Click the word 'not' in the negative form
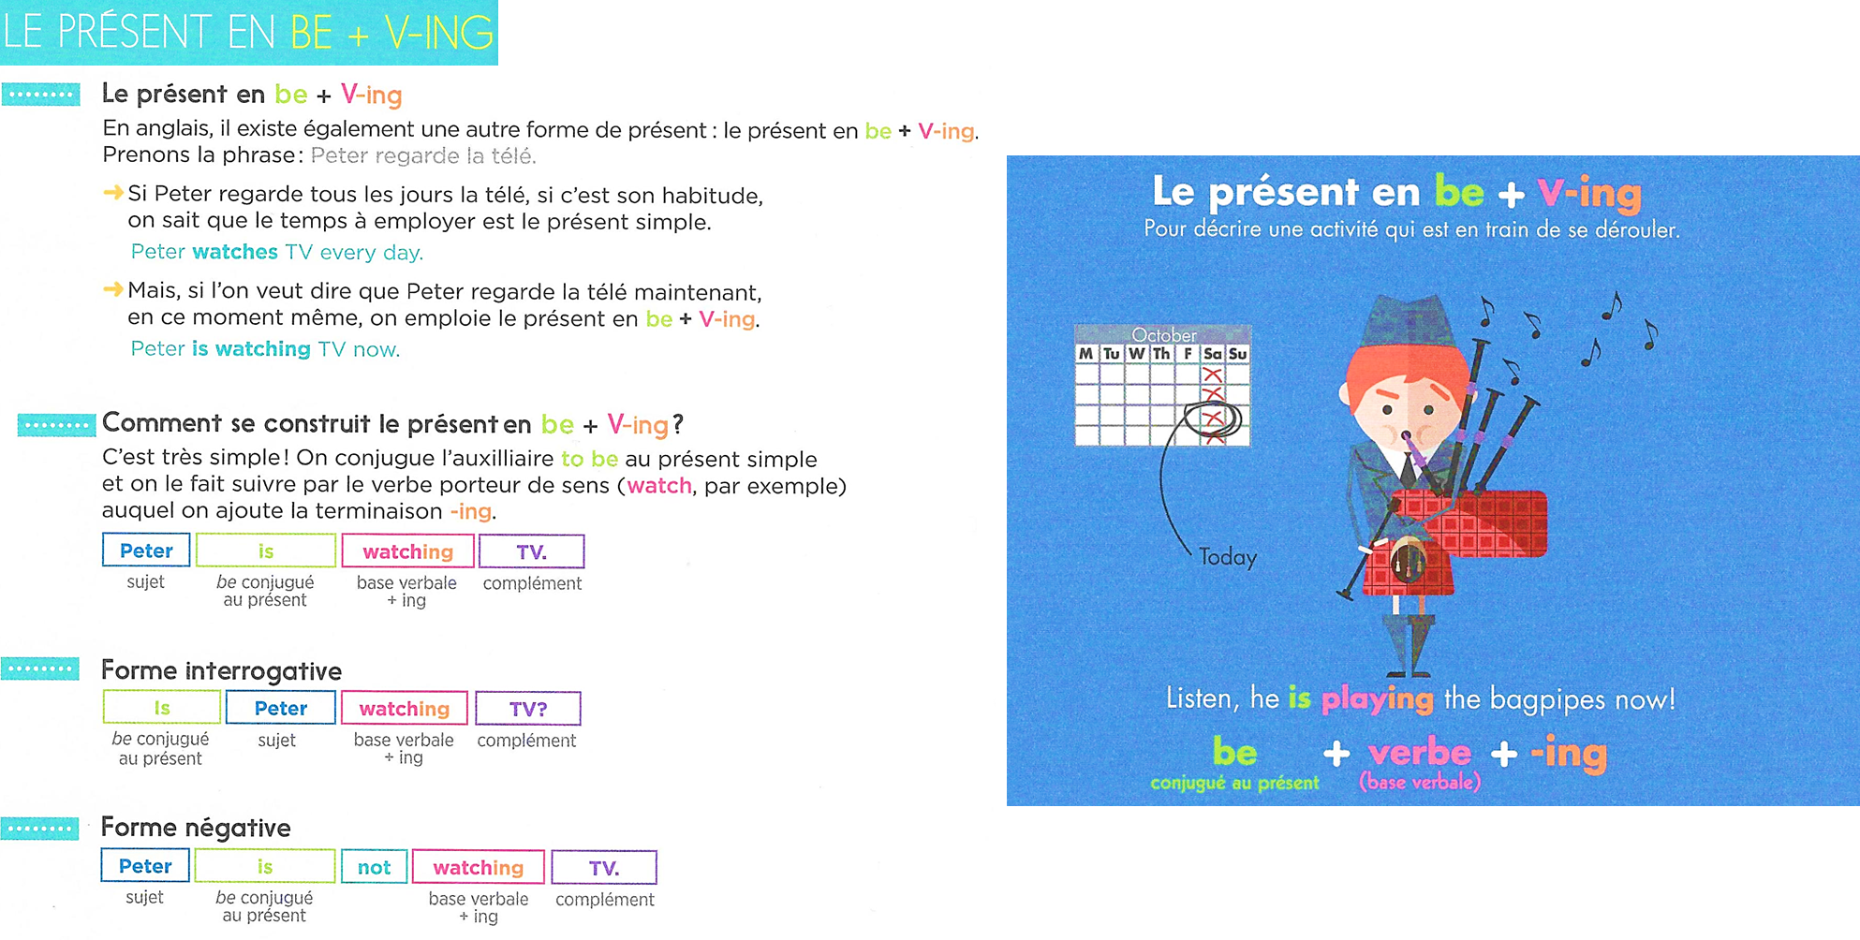click(374, 867)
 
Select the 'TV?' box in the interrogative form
click(528, 709)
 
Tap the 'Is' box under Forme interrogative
click(162, 708)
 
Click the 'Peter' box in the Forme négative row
click(145, 866)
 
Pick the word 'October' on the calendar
click(1164, 334)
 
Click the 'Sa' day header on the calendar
click(1212, 354)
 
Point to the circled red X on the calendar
click(1213, 419)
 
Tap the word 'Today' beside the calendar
click(1228, 557)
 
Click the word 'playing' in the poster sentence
click(1377, 699)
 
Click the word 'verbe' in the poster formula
click(1420, 753)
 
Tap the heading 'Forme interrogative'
click(221, 670)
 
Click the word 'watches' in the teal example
click(235, 252)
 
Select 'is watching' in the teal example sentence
click(251, 348)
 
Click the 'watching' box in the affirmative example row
click(408, 551)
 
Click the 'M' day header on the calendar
click(1085, 354)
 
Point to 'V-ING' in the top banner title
click(438, 34)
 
